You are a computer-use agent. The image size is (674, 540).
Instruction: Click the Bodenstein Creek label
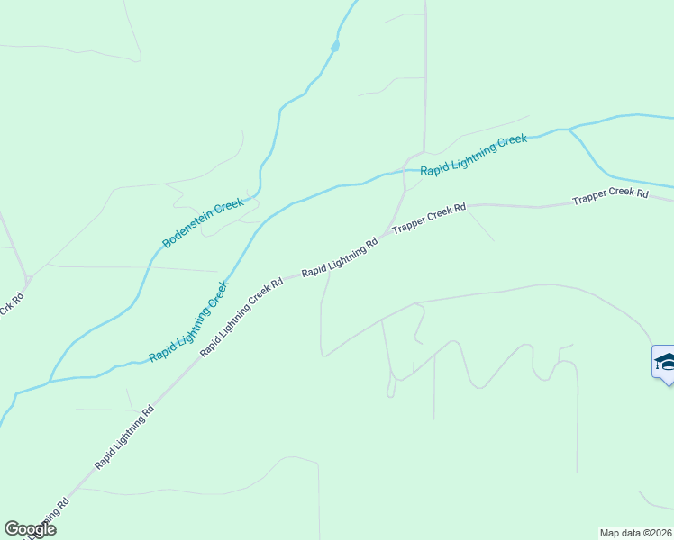204,223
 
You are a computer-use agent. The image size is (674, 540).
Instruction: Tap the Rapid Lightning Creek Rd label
241,316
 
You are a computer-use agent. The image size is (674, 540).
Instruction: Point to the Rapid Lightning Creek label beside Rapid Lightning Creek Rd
188,321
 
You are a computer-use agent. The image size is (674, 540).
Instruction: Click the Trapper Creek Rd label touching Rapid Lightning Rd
429,220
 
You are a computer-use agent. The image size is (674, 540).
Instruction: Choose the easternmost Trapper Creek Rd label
610,196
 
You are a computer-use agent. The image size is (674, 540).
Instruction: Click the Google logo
30,529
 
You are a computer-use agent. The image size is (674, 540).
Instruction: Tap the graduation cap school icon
665,363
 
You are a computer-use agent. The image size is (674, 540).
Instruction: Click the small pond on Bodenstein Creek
335,45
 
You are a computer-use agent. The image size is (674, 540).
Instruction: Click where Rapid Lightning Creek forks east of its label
569,130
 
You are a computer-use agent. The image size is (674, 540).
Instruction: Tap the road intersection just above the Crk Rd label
29,276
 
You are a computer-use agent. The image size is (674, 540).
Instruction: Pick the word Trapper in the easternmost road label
590,199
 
